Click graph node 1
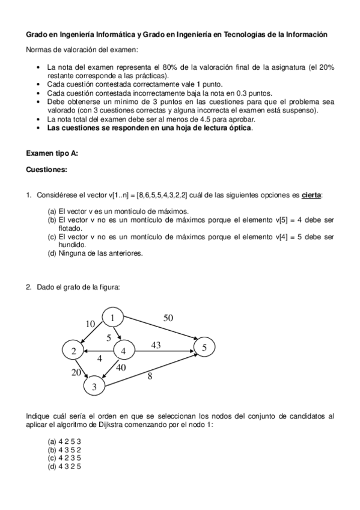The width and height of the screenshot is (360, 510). [112, 318]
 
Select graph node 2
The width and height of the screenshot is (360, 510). [73, 351]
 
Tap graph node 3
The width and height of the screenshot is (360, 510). [94, 387]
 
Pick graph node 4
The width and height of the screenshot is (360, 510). [123, 351]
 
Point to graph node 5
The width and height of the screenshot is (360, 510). [204, 348]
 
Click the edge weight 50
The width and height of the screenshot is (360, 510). [168, 318]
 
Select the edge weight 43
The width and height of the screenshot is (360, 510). [156, 345]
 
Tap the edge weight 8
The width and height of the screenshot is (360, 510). [150, 377]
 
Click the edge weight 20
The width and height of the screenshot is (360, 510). [76, 372]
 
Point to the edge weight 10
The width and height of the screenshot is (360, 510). [90, 324]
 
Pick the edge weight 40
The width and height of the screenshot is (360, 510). [120, 367]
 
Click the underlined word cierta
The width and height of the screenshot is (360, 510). [311, 195]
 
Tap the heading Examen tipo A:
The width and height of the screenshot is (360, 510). [52, 153]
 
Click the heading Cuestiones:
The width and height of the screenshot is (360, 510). [46, 170]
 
